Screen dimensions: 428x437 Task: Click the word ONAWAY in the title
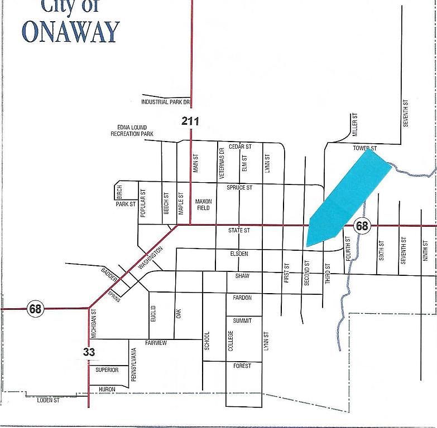tap(70, 32)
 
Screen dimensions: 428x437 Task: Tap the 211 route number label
tap(190, 121)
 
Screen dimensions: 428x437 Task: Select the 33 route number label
tap(89, 352)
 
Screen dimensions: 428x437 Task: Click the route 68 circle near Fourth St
tap(362, 226)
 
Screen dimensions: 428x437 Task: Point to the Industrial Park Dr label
tap(166, 103)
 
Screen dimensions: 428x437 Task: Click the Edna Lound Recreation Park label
tap(132, 131)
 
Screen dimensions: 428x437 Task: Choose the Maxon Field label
tap(203, 205)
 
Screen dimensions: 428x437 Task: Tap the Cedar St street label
tap(240, 147)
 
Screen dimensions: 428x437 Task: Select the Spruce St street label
tap(239, 188)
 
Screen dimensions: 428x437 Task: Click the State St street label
tap(239, 230)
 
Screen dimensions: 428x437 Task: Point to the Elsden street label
tap(238, 254)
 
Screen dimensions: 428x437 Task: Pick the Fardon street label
tap(242, 298)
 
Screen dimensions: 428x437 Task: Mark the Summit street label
tap(242, 321)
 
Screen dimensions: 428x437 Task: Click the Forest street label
tap(242, 366)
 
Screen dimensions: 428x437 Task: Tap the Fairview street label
tap(156, 343)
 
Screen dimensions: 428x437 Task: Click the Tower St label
tap(365, 148)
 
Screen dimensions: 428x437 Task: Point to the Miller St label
tap(354, 125)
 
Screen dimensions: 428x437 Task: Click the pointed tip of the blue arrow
tap(308, 246)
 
